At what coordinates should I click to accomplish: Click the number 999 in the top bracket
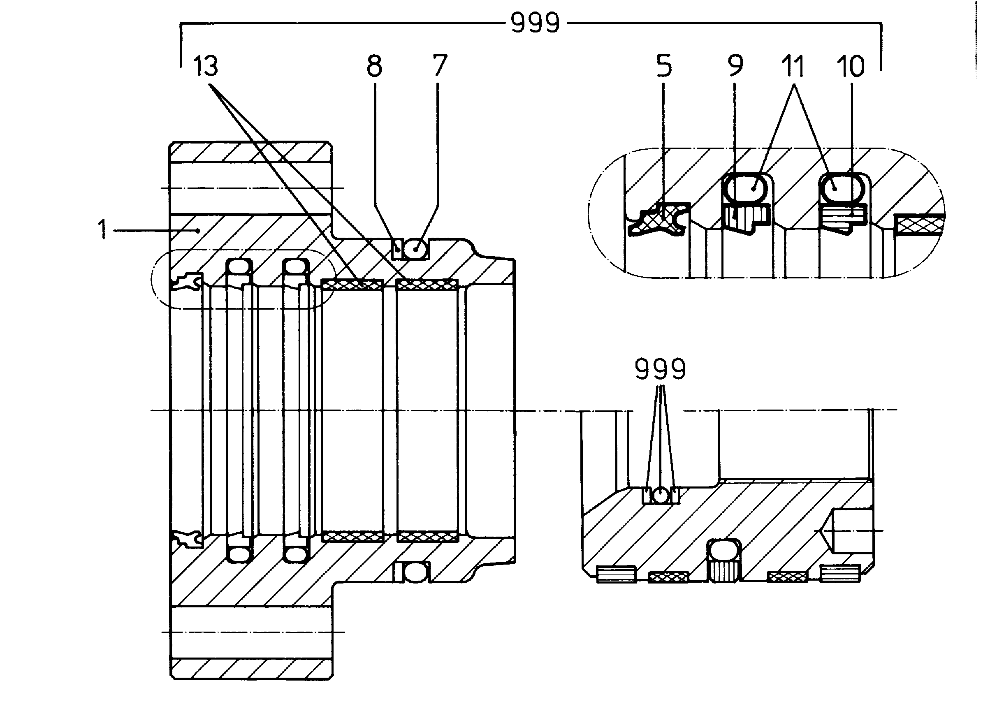click(x=535, y=23)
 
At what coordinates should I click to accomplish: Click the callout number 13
click(x=205, y=66)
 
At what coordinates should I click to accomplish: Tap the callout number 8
click(x=374, y=66)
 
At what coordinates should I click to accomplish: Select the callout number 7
click(x=439, y=66)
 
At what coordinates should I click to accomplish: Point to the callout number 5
click(x=664, y=66)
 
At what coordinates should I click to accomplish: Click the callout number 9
click(x=735, y=66)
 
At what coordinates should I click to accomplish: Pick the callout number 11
click(x=793, y=66)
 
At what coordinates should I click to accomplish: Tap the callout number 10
click(x=850, y=66)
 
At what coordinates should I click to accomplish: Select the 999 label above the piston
click(x=660, y=369)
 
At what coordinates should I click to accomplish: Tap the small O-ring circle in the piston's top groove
click(x=660, y=496)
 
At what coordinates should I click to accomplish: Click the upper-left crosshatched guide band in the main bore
click(x=352, y=285)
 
